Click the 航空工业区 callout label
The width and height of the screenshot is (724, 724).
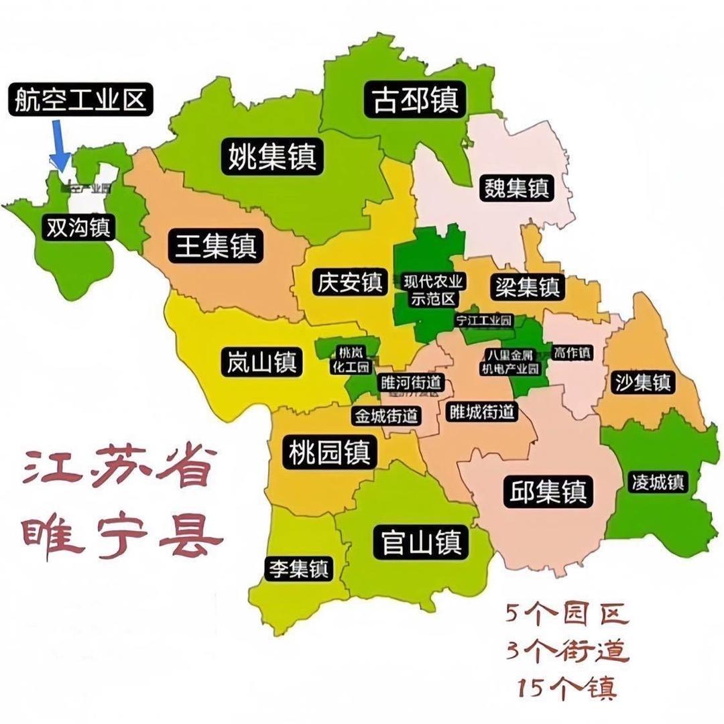[80, 101]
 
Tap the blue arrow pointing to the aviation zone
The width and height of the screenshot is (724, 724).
[60, 146]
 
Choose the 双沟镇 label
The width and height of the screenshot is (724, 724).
[78, 228]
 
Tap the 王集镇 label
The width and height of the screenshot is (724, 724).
[212, 246]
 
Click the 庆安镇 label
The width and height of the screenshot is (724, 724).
[348, 282]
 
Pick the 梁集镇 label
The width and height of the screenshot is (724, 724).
[528, 287]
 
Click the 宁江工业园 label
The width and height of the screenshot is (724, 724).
[483, 320]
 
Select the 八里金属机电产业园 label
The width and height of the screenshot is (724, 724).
[513, 361]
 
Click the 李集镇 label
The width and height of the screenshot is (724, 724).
[298, 568]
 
